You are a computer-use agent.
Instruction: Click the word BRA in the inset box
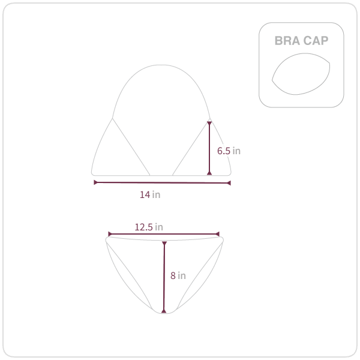pos(287,41)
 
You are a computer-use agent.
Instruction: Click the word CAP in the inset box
pos(316,41)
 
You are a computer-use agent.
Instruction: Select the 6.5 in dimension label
pos(229,151)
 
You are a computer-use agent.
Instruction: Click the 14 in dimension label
pos(150,194)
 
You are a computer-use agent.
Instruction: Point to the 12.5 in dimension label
pos(149,227)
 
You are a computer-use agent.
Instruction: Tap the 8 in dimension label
pos(178,275)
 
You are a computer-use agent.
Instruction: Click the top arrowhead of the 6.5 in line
pos(209,123)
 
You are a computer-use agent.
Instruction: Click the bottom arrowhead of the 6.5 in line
pos(209,173)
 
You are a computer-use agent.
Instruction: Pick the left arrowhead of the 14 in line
pos(96,182)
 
